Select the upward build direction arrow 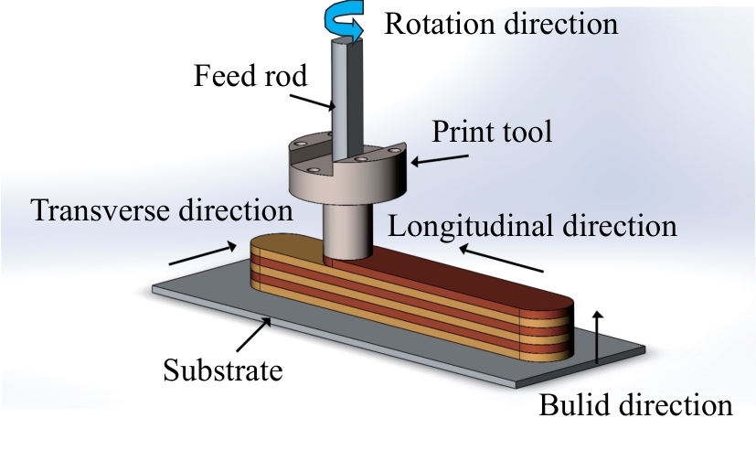(598, 337)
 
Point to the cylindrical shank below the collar (346, 229)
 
